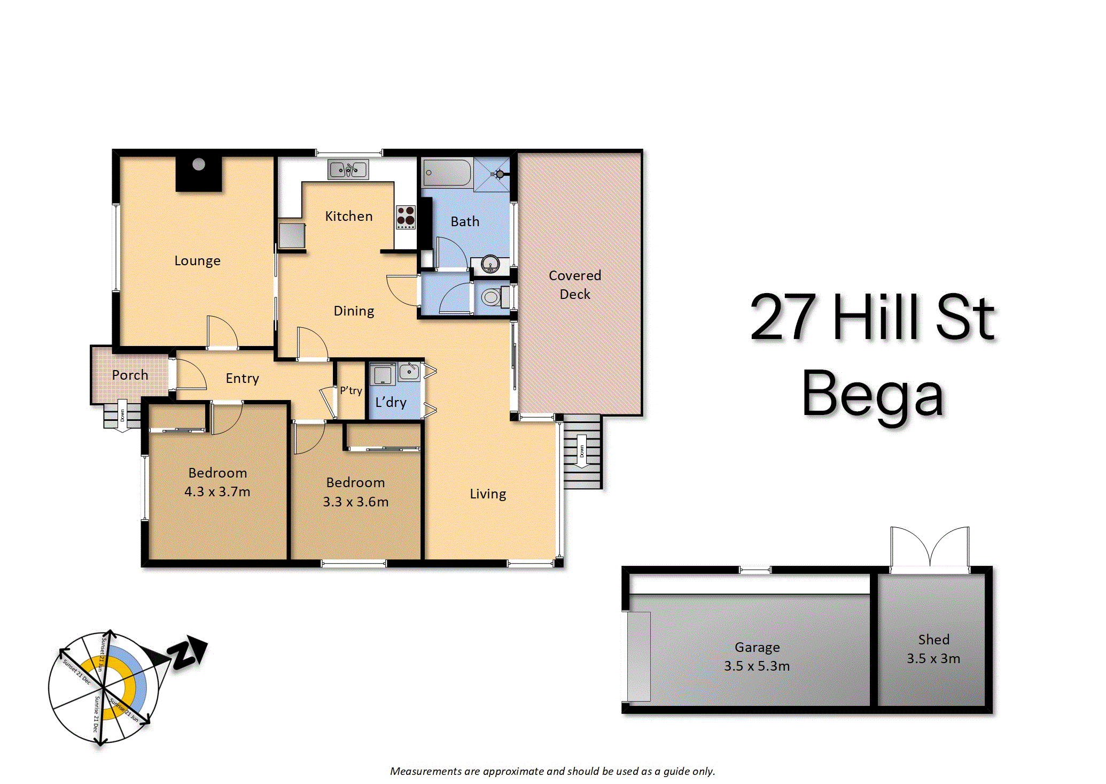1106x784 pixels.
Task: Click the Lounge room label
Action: click(x=197, y=261)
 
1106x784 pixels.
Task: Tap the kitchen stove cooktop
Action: click(x=406, y=217)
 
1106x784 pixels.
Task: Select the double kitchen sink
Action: click(x=348, y=170)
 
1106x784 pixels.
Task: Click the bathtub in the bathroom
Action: click(x=447, y=173)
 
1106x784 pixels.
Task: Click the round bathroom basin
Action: click(x=490, y=264)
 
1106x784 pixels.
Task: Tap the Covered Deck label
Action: click(x=575, y=285)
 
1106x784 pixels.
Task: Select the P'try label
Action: click(x=351, y=390)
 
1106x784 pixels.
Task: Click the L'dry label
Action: click(x=391, y=402)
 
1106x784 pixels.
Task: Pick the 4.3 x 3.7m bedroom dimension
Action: click(x=217, y=491)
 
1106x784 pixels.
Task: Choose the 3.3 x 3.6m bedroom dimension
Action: click(x=356, y=502)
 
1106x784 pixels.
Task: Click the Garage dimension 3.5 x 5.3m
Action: click(x=757, y=666)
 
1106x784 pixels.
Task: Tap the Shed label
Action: click(x=934, y=640)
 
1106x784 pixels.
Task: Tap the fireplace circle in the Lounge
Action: click(x=199, y=164)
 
